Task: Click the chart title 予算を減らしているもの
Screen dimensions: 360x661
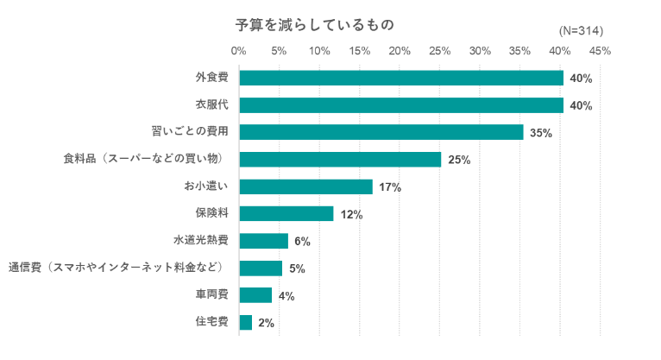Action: tap(315, 24)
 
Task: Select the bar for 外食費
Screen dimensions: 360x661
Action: tap(400, 78)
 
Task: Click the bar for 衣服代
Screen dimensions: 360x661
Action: tap(400, 105)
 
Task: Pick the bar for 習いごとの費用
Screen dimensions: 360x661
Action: tap(381, 132)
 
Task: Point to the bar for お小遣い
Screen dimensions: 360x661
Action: tap(305, 186)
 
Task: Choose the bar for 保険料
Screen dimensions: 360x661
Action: tap(286, 214)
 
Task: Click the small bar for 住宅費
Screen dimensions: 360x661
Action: tap(246, 323)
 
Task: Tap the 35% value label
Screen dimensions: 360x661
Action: tap(540, 133)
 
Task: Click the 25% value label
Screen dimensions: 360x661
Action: tap(459, 160)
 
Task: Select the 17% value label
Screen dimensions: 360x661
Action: tap(390, 187)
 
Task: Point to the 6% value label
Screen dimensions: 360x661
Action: tap(302, 242)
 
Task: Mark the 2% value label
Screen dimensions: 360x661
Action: tap(266, 324)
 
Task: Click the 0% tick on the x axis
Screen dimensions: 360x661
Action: tap(239, 51)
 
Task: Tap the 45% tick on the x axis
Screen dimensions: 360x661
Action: tap(600, 51)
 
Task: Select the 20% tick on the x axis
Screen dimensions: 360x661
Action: tap(400, 51)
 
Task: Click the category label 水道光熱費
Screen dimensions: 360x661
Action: tap(200, 241)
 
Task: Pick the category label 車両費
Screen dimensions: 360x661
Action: tap(211, 295)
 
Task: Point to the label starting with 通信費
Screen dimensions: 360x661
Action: tap(116, 268)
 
